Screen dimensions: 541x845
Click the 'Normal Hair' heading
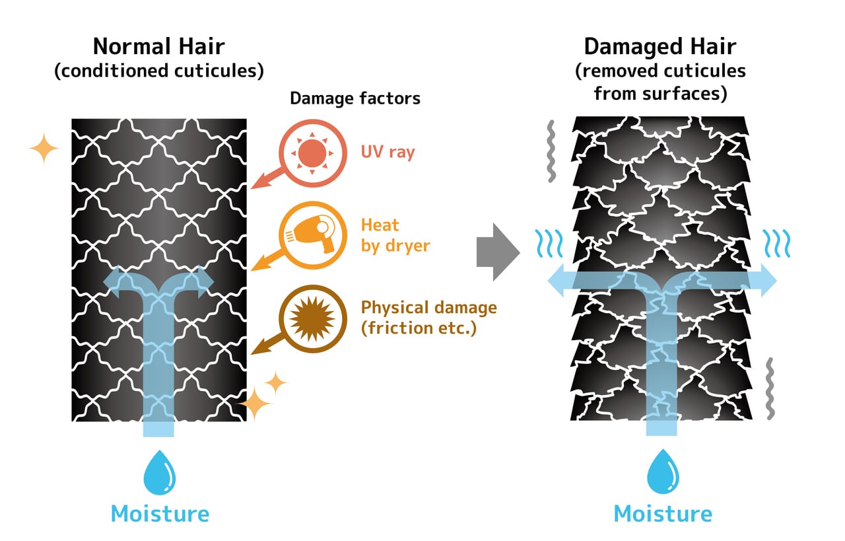[x=158, y=47]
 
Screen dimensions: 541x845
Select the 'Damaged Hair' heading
[x=660, y=47]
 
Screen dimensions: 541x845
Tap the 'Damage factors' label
[x=355, y=99]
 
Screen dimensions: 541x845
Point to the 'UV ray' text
[x=388, y=153]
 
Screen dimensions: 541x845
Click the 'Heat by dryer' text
[x=395, y=236]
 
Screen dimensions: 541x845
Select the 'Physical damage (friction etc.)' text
[x=428, y=317]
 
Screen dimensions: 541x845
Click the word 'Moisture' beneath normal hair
[x=160, y=513]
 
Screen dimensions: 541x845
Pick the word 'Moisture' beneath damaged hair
[x=663, y=513]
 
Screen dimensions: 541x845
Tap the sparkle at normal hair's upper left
[x=44, y=149]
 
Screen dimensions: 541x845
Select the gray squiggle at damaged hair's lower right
[x=770, y=388]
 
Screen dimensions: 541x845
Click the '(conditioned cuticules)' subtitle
[x=158, y=71]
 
